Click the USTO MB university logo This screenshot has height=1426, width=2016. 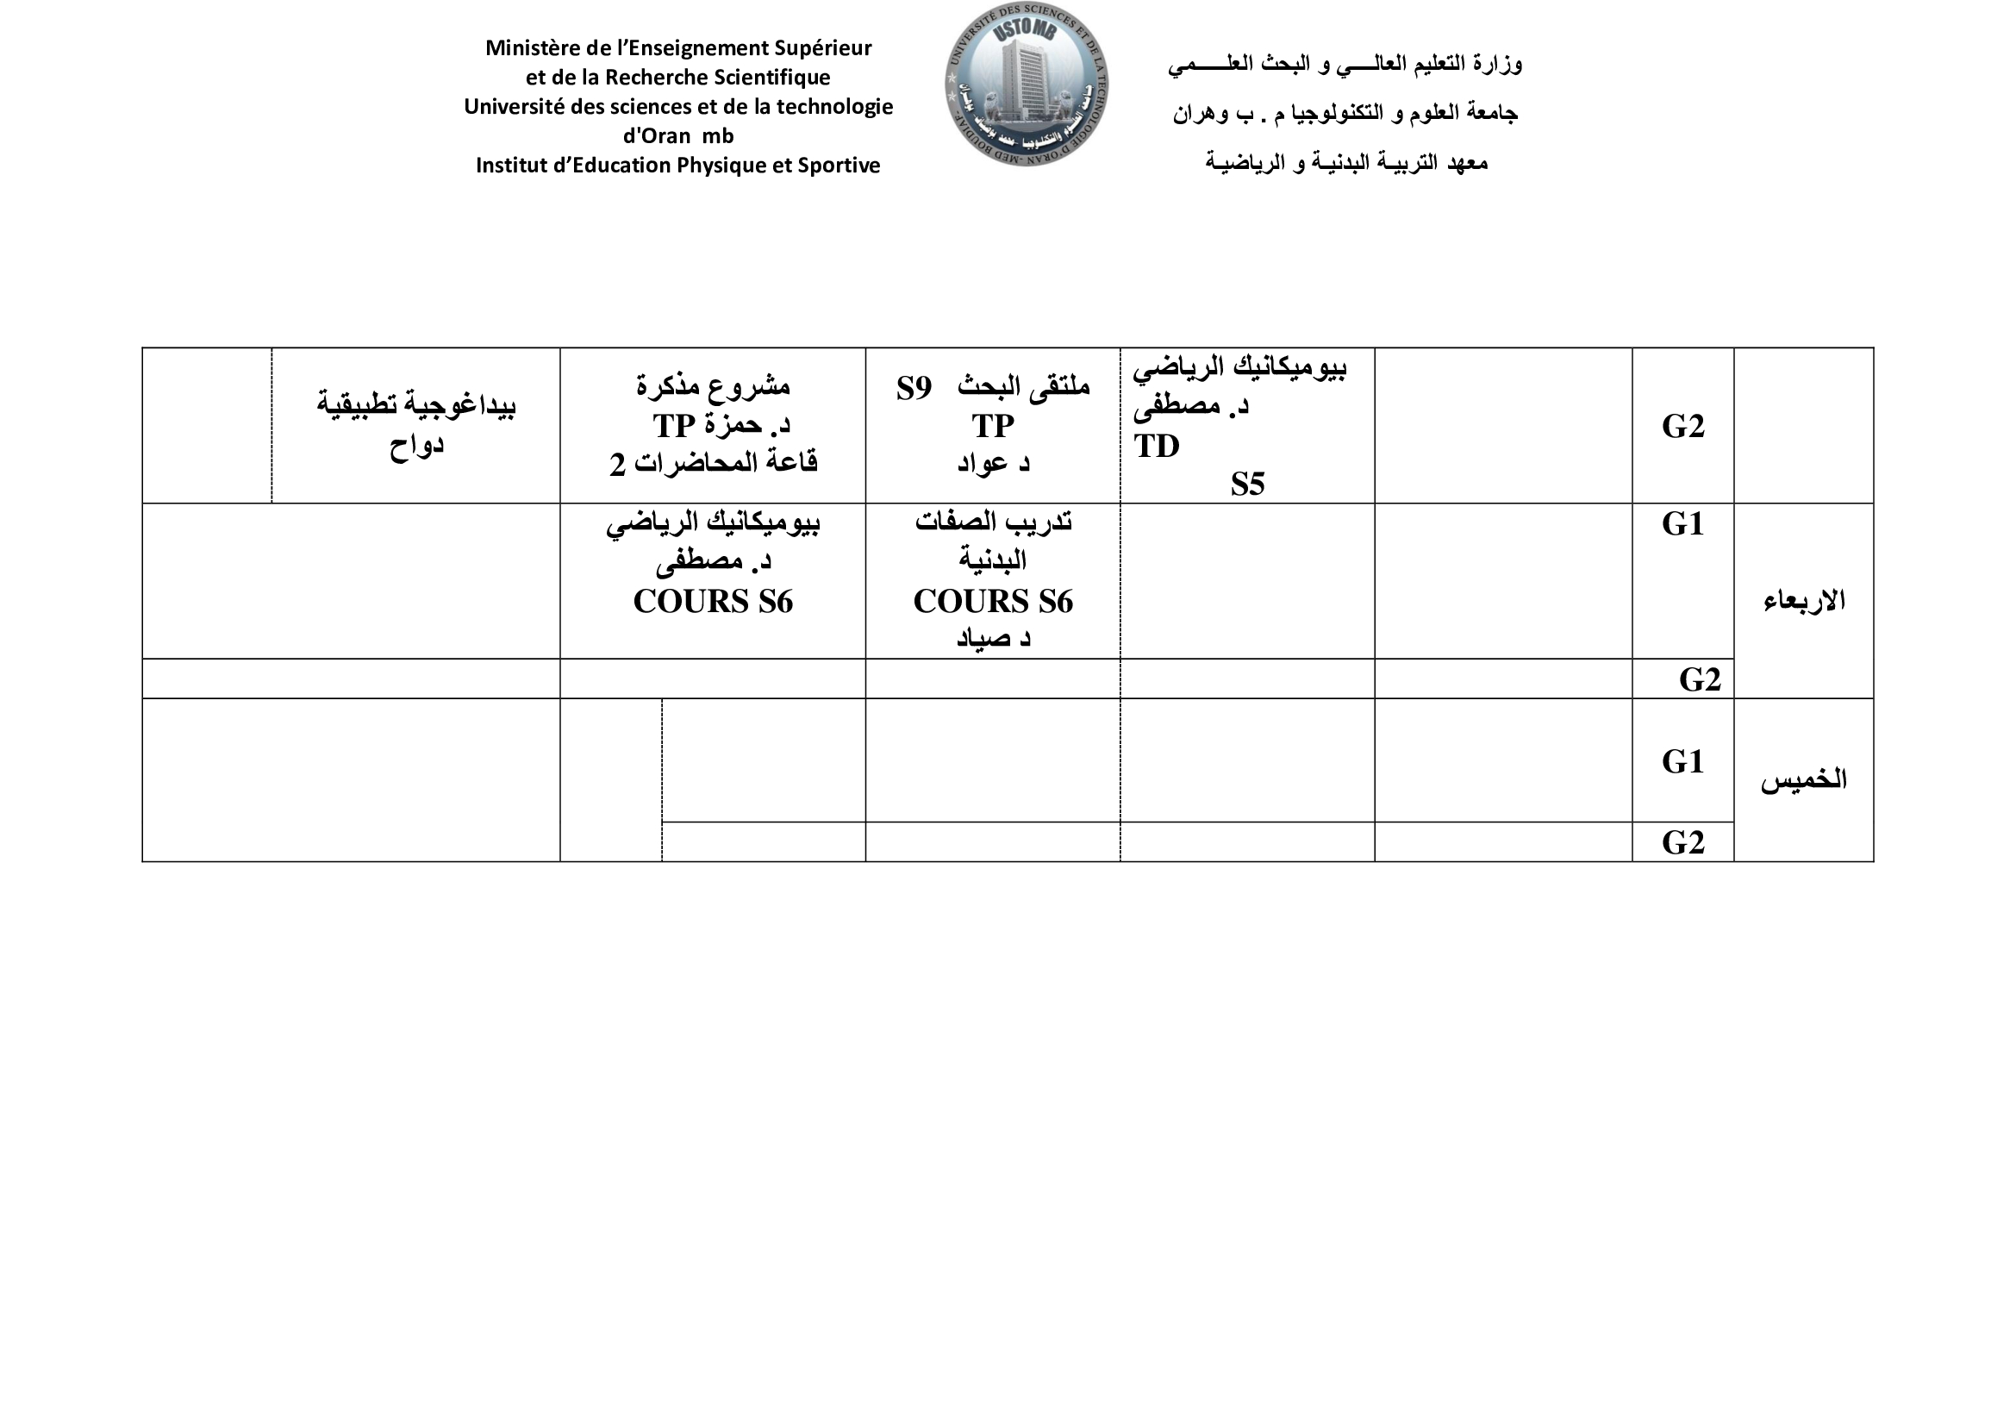click(x=1027, y=84)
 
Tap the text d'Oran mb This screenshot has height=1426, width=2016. click(x=677, y=136)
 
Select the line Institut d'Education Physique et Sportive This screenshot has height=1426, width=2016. click(x=677, y=166)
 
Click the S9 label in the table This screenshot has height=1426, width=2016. click(x=914, y=388)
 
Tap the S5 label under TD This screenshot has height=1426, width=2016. click(x=1247, y=484)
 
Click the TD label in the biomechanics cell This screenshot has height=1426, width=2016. click(x=1157, y=446)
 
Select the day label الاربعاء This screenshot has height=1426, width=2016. click(x=1803, y=602)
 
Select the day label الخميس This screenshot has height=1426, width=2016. click(x=1803, y=779)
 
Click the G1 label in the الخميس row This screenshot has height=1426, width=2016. click(x=1682, y=761)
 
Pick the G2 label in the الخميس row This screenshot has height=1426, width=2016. click(x=1682, y=842)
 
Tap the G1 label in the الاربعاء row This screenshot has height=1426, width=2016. click(x=1682, y=523)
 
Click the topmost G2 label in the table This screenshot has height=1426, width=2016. click(x=1682, y=426)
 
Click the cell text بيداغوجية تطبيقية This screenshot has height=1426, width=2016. click(x=416, y=405)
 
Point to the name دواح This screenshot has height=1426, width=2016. click(x=416, y=444)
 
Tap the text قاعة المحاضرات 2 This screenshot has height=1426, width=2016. click(x=713, y=463)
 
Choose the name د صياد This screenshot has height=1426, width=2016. click(x=993, y=638)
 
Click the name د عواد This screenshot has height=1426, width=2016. click(x=993, y=463)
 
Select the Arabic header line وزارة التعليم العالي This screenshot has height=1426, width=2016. click(x=1345, y=64)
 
